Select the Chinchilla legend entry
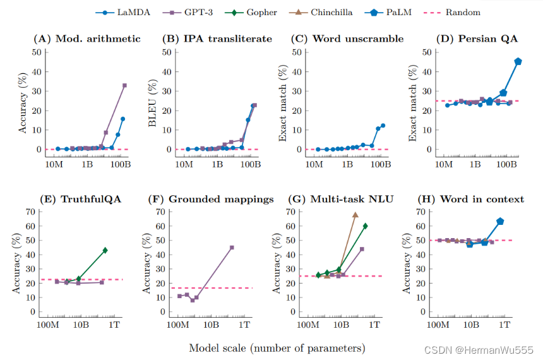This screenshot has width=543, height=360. [x=327, y=12]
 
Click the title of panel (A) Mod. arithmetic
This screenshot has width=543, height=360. [x=87, y=39]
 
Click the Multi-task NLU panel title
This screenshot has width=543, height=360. [x=342, y=199]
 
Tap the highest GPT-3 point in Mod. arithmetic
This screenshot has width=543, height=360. [x=124, y=85]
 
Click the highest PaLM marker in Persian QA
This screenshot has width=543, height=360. [x=518, y=61]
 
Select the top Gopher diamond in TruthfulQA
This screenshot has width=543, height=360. [x=105, y=250]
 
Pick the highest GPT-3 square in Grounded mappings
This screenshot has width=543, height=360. [x=232, y=248]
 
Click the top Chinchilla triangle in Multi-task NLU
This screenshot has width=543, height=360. [x=355, y=215]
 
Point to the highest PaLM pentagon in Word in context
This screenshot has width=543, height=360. [x=500, y=221]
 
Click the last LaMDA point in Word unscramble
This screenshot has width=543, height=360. [x=383, y=126]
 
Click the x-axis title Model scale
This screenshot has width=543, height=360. [x=277, y=347]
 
